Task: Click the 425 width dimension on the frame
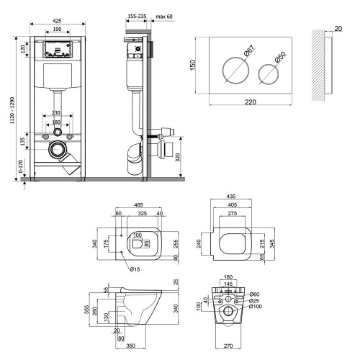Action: [x=57, y=21]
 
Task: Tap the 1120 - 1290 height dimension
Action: [x=12, y=110]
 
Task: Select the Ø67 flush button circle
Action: [x=236, y=71]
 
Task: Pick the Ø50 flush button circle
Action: [x=269, y=74]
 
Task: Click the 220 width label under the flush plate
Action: [x=251, y=102]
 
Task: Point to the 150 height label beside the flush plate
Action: [x=193, y=65]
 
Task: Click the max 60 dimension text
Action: [x=164, y=17]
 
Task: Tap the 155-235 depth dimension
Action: [x=137, y=17]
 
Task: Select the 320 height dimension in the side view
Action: [x=178, y=158]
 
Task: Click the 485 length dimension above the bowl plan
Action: [x=138, y=205]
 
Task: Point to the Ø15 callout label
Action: [x=135, y=269]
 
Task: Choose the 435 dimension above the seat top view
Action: [x=231, y=196]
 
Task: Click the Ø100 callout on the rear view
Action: [x=256, y=307]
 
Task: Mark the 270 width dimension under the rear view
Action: [x=228, y=346]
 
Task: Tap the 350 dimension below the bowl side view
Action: [x=131, y=346]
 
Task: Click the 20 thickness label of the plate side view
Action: [x=338, y=29]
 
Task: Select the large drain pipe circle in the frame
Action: [x=58, y=149]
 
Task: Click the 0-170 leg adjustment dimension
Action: [x=21, y=166]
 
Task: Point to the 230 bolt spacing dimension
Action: [x=56, y=112]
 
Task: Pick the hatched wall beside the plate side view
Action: [x=318, y=65]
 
